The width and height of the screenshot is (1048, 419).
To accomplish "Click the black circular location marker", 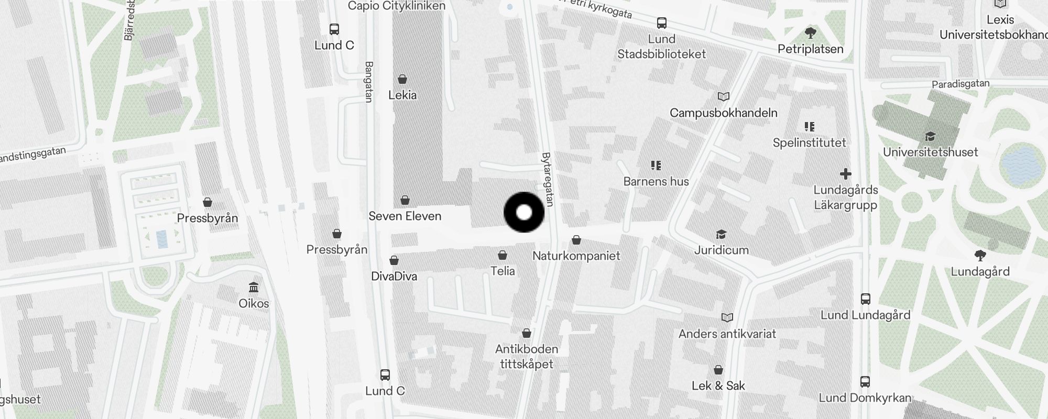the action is click(524, 213).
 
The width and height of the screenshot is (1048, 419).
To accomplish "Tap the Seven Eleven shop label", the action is click(405, 216).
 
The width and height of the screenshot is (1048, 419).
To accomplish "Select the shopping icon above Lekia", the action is click(402, 79).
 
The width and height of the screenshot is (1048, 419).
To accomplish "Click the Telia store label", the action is click(503, 271).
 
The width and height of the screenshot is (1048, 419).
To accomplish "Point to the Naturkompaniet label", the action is click(576, 256).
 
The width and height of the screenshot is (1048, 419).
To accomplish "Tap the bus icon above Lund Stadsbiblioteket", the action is click(662, 23).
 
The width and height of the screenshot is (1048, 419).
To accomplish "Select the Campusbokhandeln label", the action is click(723, 113).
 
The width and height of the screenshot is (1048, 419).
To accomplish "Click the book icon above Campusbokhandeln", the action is click(723, 96).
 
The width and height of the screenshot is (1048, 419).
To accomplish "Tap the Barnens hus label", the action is click(656, 181).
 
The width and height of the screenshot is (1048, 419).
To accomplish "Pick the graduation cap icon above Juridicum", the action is click(721, 234).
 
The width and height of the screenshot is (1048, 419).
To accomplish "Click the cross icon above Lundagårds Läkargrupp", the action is click(845, 174).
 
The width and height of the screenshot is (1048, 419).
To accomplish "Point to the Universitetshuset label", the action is click(930, 152).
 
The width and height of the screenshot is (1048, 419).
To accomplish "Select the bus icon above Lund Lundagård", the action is click(865, 299).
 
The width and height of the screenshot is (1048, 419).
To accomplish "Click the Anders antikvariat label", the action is click(727, 334).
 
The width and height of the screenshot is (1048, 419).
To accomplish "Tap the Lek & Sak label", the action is click(718, 386).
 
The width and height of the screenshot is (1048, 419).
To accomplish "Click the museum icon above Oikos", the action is click(254, 287).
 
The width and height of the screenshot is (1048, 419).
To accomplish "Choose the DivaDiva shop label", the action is click(394, 276).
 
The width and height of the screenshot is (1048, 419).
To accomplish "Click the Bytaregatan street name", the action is click(547, 178).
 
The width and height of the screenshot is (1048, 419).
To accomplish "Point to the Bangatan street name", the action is click(368, 82).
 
